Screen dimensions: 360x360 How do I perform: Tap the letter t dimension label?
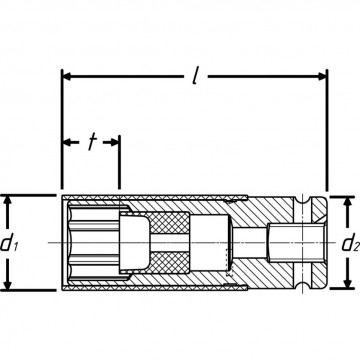click(x=91, y=142)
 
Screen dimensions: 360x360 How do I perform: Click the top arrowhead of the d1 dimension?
click(x=9, y=202)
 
